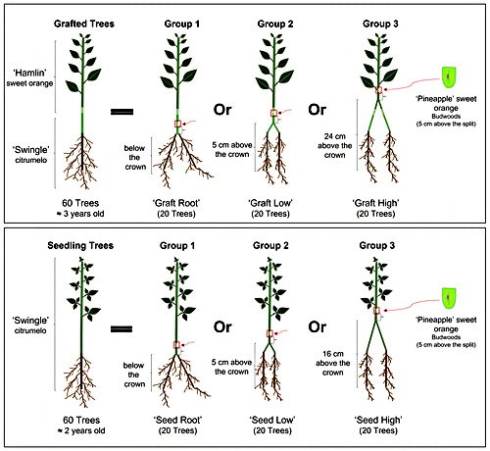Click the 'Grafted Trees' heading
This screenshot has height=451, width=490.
pyautogui.click(x=84, y=24)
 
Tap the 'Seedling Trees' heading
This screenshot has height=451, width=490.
pyautogui.click(x=80, y=246)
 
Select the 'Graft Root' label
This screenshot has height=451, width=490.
pyautogui.click(x=176, y=203)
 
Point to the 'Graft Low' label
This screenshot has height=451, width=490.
pyautogui.click(x=270, y=203)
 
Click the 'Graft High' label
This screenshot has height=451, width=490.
pyautogui.click(x=375, y=203)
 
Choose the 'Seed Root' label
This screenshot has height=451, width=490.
pyautogui.click(x=177, y=420)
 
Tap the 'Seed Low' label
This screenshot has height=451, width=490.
pyautogui.click(x=272, y=420)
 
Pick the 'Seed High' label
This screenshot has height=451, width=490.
pyautogui.click(x=378, y=420)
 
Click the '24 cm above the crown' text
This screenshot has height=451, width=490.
pyautogui.click(x=335, y=145)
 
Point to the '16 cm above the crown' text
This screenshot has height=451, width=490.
pyautogui.click(x=333, y=363)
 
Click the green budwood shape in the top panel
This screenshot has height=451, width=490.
pyautogui.click(x=449, y=76)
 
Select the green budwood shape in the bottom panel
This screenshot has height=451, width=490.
pyautogui.click(x=449, y=298)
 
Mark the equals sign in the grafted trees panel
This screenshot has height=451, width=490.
pyautogui.click(x=122, y=112)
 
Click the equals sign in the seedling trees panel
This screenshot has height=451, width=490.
pyautogui.click(x=122, y=328)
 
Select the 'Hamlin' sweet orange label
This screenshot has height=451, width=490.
pyautogui.click(x=29, y=77)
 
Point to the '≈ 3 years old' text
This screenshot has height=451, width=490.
pyautogui.click(x=80, y=214)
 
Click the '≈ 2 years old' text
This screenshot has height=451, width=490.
pyautogui.click(x=81, y=430)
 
